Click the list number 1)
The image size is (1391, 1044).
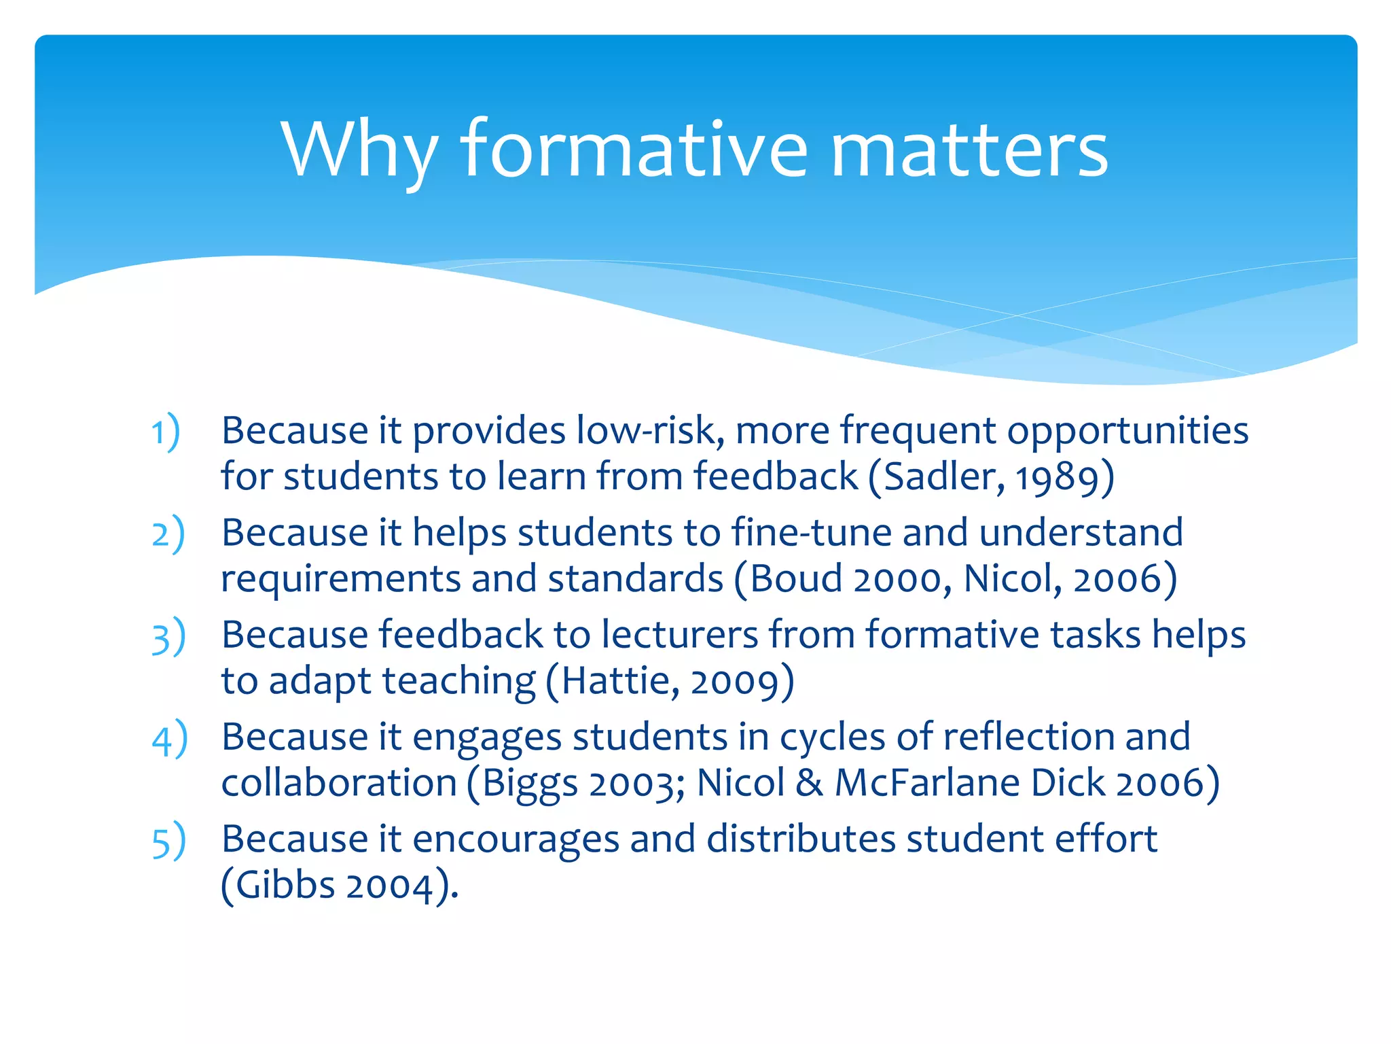point(165,432)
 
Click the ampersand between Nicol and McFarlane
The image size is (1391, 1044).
point(809,783)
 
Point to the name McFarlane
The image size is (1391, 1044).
point(927,783)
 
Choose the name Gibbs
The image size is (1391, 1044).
point(285,886)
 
